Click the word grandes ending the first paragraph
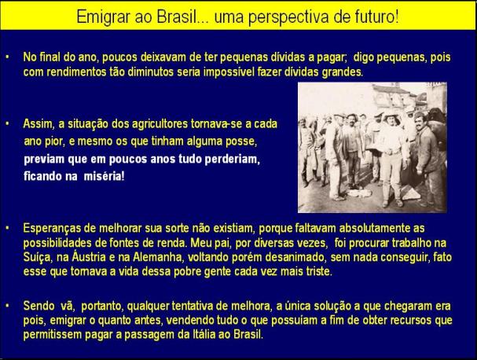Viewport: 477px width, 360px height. [x=343, y=72]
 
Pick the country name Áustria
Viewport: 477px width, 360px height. [x=89, y=257]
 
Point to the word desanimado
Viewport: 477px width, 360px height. [x=295, y=258]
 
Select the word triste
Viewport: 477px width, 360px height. [x=319, y=271]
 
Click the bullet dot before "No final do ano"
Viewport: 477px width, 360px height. [x=7, y=57]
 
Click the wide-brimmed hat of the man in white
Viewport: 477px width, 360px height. [x=391, y=116]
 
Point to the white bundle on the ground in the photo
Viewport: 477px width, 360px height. [x=360, y=193]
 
